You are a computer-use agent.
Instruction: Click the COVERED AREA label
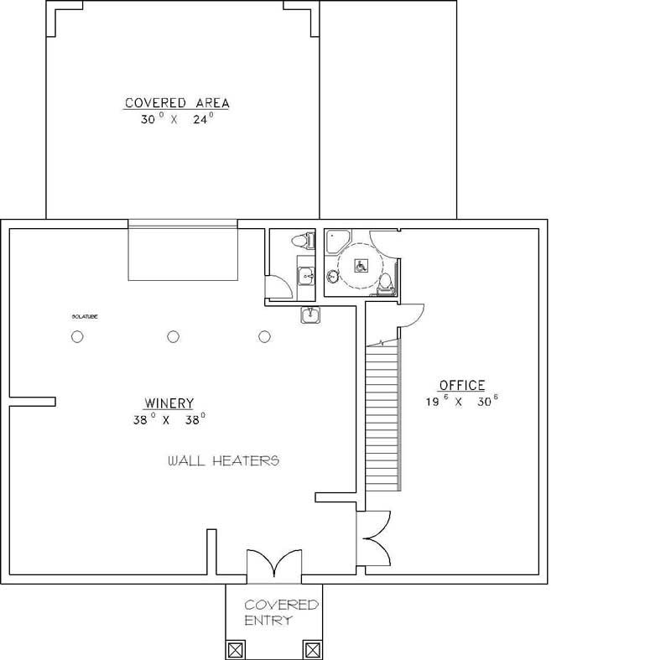click(177, 103)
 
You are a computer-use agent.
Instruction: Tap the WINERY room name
click(169, 403)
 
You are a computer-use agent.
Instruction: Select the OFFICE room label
click(462, 386)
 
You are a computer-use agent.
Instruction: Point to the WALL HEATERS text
click(222, 460)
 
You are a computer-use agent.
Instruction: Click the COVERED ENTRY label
click(280, 612)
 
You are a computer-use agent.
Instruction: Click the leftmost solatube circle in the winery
click(77, 337)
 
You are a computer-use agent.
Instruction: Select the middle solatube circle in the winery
click(173, 337)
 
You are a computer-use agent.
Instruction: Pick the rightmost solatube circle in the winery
click(265, 337)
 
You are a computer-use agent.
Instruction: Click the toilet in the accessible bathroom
click(385, 283)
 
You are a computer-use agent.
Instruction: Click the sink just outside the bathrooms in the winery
click(311, 314)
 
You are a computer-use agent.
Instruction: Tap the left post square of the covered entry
click(237, 649)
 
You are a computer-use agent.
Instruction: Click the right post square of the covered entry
click(312, 649)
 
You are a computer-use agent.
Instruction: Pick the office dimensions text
click(463, 402)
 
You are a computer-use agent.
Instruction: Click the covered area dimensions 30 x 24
click(177, 120)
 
